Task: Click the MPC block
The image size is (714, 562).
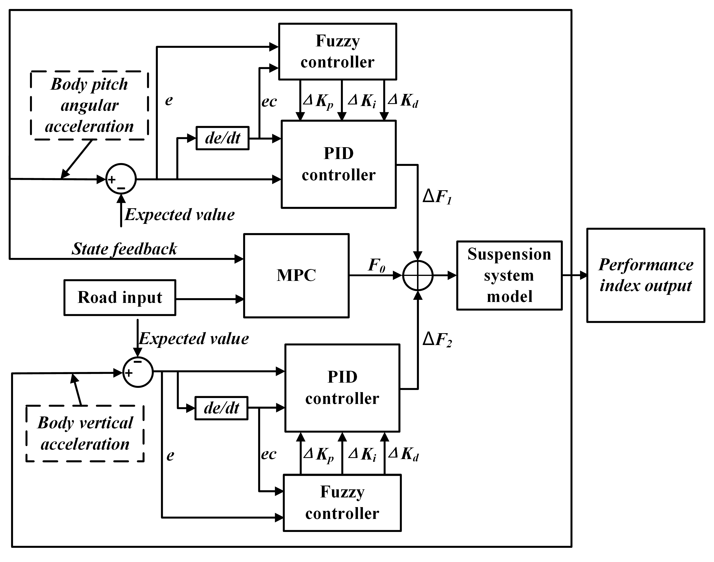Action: (296, 276)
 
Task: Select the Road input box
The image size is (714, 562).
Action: (120, 297)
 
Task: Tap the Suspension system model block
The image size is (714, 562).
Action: (509, 275)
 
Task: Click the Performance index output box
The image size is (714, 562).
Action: (645, 275)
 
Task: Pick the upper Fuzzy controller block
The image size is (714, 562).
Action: (337, 51)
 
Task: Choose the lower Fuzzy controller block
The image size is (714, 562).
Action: (342, 502)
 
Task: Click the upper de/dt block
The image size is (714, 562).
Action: (223, 138)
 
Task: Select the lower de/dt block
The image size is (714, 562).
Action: (221, 408)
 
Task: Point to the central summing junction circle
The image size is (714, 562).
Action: (418, 275)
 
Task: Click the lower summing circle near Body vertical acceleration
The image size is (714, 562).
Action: (138, 372)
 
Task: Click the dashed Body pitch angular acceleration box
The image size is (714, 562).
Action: (89, 105)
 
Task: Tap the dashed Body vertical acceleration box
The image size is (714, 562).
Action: (85, 433)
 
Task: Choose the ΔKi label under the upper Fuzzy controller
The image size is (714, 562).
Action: (362, 100)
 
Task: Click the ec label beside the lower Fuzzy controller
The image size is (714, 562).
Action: (268, 454)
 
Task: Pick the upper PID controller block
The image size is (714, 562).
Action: (338, 164)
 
